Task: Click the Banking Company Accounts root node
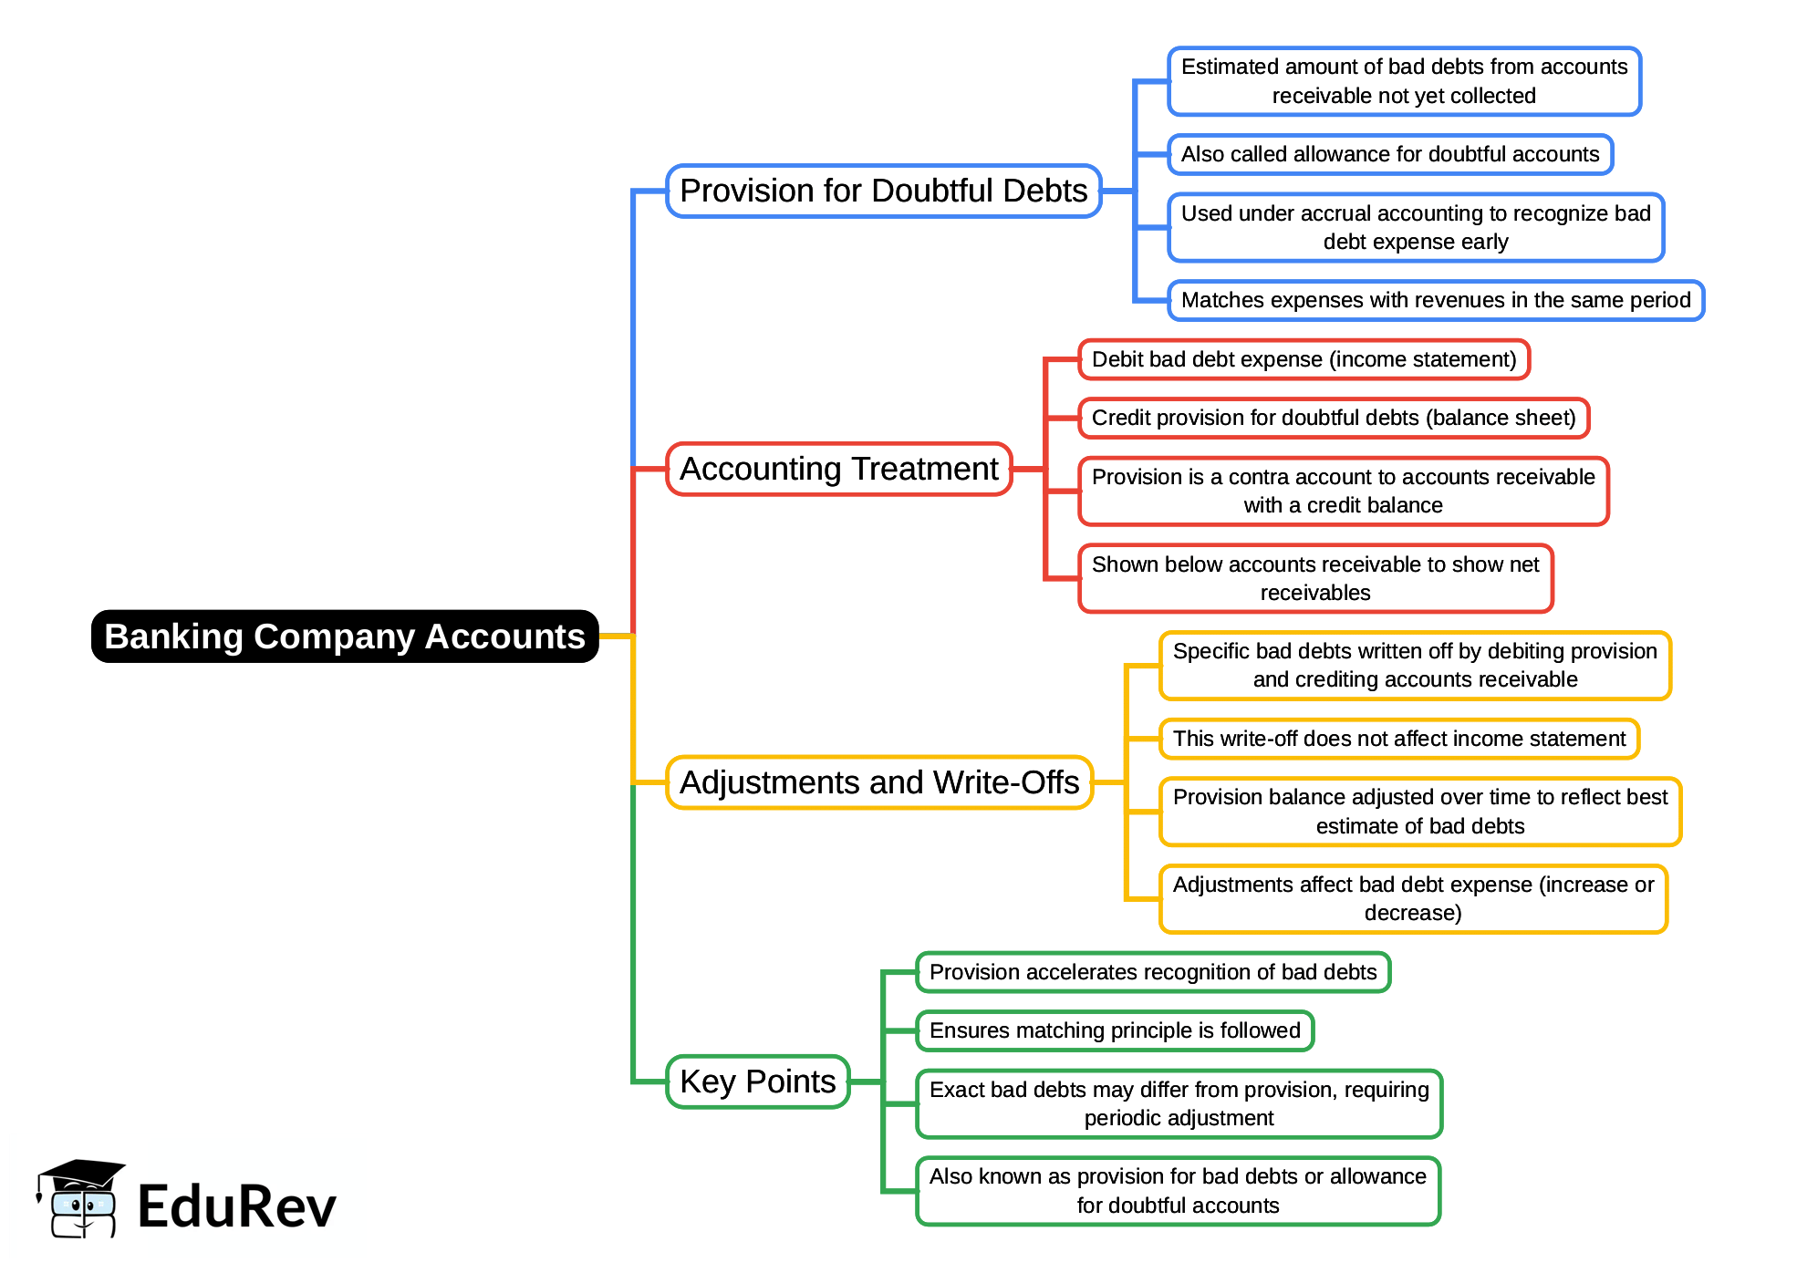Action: click(345, 636)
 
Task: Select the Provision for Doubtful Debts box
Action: click(883, 191)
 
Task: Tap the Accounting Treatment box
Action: click(838, 470)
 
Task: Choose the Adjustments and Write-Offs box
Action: click(878, 783)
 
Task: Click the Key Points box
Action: click(757, 1082)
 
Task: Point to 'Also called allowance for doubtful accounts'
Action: click(1389, 155)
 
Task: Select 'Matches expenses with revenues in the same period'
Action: click(1435, 301)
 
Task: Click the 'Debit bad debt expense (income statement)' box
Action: click(1304, 360)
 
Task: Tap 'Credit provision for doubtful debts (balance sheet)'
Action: click(1333, 419)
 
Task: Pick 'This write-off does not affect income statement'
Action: click(1398, 740)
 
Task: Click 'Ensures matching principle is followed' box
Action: click(1114, 1031)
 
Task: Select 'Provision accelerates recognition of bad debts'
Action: click(1152, 973)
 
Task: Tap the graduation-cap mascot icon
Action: click(81, 1198)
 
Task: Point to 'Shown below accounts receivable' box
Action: click(1314, 579)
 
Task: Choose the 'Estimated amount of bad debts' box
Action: click(1404, 82)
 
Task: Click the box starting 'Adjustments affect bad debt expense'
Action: click(1412, 899)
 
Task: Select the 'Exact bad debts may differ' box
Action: click(1179, 1104)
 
